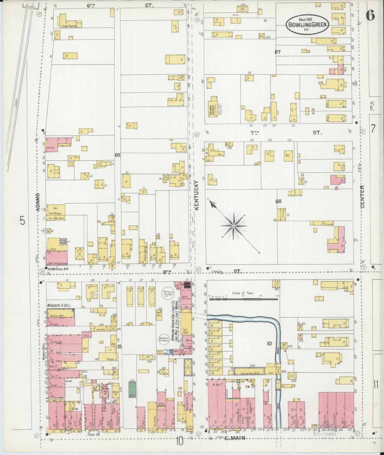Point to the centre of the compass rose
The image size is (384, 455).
pos(233,226)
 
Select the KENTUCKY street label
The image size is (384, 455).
pos(197,196)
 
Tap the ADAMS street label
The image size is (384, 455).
pos(38,202)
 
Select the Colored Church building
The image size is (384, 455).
pos(213,107)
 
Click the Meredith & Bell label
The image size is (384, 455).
pos(59,305)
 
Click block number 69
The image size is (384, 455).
pos(117,155)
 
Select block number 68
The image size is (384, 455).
pos(278,201)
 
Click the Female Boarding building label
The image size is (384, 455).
pos(70,26)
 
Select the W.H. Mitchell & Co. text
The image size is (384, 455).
pos(58,269)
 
